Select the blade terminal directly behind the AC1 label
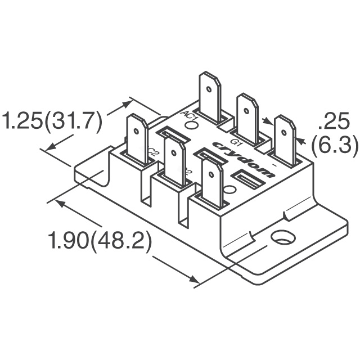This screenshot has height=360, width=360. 210,96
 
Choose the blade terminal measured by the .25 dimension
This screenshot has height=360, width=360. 285,139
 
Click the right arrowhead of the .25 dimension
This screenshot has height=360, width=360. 302,140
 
